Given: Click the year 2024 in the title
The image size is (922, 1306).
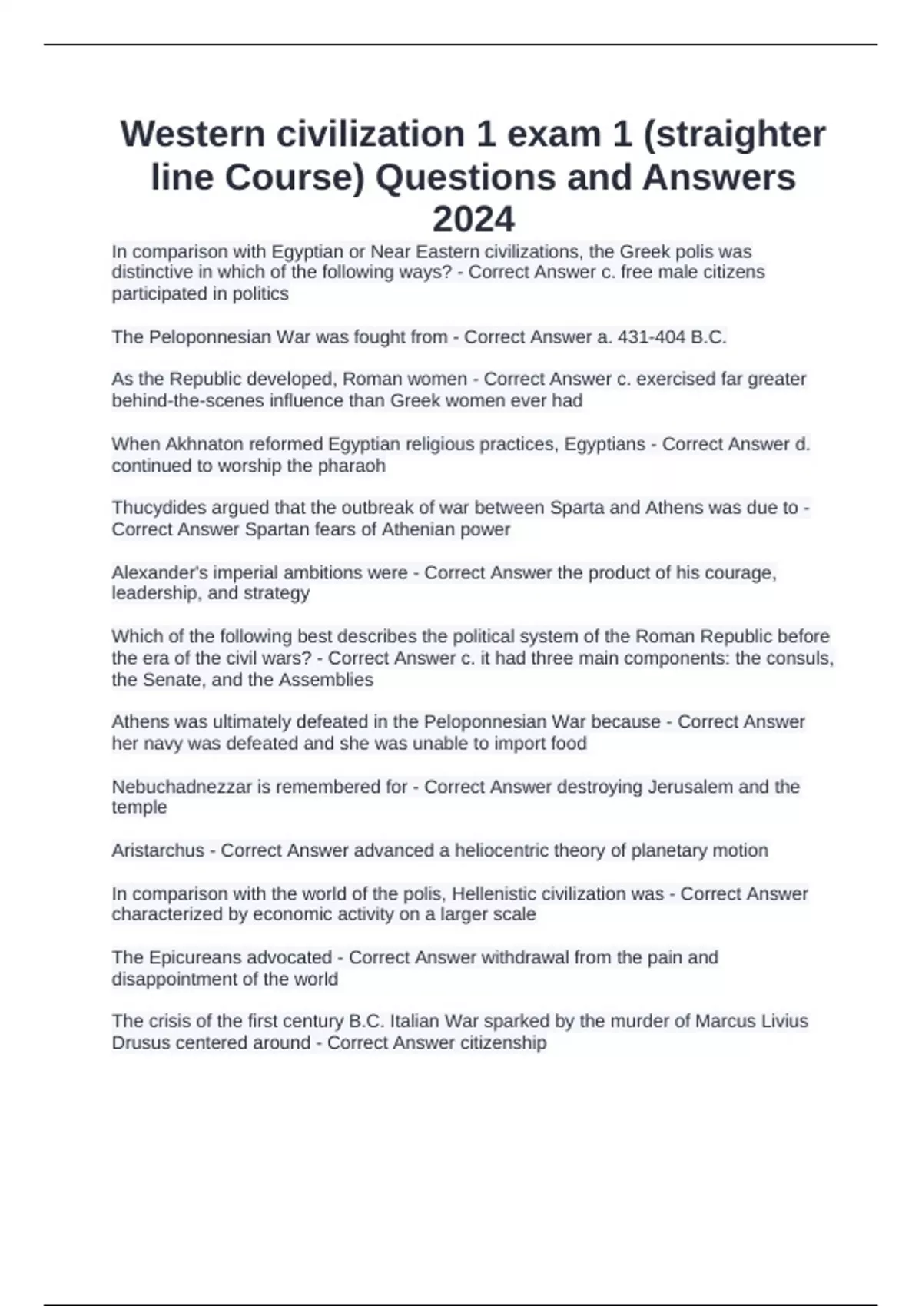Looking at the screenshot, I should [x=473, y=220].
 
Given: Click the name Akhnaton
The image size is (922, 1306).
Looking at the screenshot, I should [x=206, y=444].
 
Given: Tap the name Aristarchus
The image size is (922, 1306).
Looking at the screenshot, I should [x=158, y=850].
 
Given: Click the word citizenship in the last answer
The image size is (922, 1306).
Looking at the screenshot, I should [x=503, y=1042].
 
